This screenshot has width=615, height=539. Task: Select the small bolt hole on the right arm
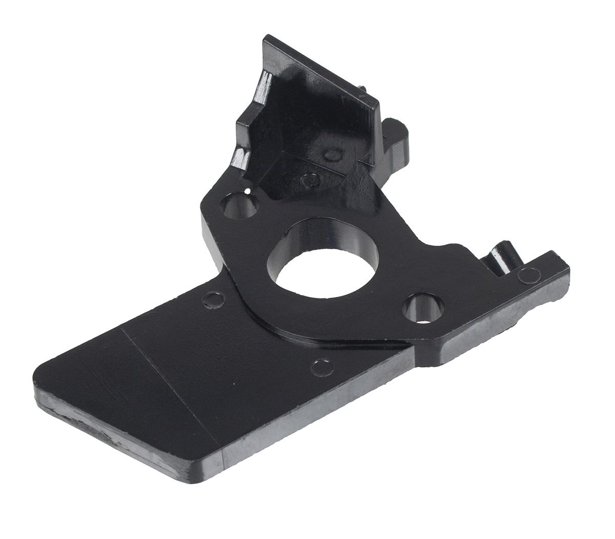coord(423,309)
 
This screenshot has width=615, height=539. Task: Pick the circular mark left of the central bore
coord(212,299)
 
